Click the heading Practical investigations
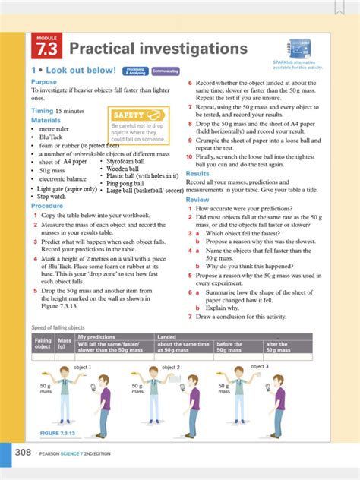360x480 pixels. click(x=158, y=49)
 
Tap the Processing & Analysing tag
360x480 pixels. click(x=136, y=71)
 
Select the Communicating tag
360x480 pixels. click(x=165, y=71)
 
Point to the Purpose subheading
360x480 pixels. click(x=44, y=81)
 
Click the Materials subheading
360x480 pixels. click(x=46, y=120)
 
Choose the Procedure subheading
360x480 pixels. click(x=47, y=206)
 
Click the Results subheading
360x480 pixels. click(x=197, y=174)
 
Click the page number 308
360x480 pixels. click(x=24, y=453)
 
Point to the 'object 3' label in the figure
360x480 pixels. click(x=260, y=366)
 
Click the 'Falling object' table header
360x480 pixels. click(x=43, y=343)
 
